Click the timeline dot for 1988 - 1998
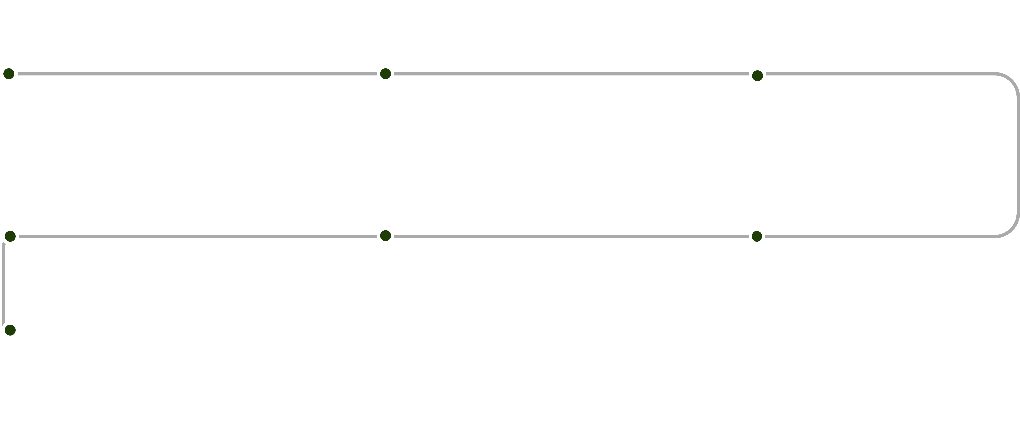[x=9, y=74]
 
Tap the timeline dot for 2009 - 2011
[x=385, y=74]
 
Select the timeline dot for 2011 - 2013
[x=757, y=76]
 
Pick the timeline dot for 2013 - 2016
[x=757, y=237]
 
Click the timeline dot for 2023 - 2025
[x=10, y=237]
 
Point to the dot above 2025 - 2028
[x=10, y=330]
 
